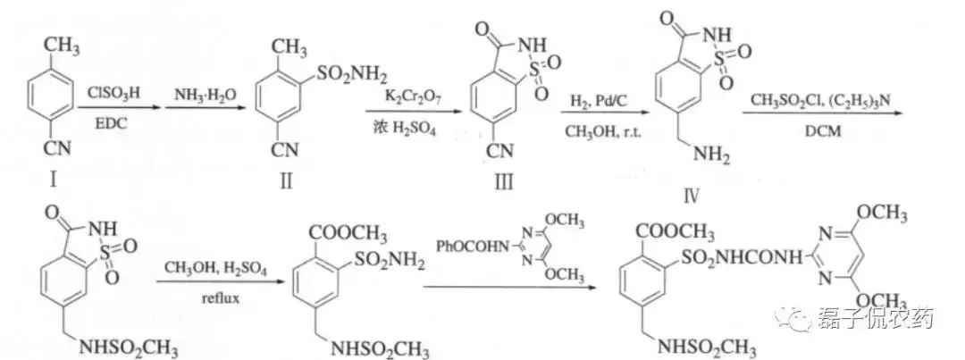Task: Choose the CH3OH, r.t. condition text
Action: (600, 133)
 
